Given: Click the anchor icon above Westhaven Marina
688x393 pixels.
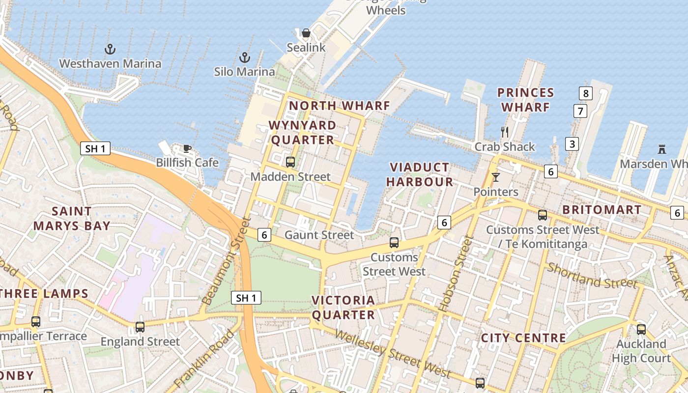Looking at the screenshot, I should (x=110, y=49).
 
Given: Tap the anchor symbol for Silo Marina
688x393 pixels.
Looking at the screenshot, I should (x=244, y=57).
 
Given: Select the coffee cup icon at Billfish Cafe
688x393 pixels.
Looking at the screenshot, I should (x=187, y=148).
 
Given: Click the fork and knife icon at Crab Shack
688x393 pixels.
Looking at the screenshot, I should (x=504, y=132).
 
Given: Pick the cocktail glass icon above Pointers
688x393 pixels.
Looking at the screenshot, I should (x=495, y=177).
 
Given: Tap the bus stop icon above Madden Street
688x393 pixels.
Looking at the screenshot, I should (x=290, y=162).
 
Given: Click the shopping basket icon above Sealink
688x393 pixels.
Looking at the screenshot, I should (x=306, y=33).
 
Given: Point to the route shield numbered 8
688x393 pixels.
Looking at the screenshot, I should (x=585, y=93).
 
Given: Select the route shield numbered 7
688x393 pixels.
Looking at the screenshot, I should (x=580, y=111).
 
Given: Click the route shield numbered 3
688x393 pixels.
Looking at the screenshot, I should (x=572, y=144).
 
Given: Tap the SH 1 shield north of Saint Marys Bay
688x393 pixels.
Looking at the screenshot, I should (x=95, y=148).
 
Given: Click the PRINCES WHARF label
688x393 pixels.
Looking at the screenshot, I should (x=525, y=100).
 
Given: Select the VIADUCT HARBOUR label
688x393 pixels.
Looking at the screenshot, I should (x=419, y=174).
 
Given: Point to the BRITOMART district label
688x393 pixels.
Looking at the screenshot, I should (x=602, y=210).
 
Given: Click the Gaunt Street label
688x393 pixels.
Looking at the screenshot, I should (x=319, y=235).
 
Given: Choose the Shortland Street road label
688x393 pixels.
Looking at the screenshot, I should (x=592, y=276).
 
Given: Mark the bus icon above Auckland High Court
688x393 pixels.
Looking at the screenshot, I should (x=641, y=329).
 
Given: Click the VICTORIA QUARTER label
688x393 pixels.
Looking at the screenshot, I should (x=343, y=307).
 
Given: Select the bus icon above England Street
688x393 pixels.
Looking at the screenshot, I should (x=140, y=327).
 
